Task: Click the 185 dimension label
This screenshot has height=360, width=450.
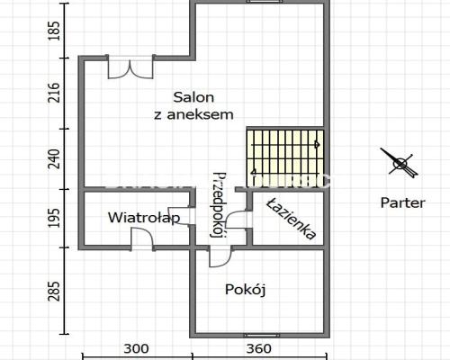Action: coord(54,31)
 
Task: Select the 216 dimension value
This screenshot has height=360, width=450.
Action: coord(54,93)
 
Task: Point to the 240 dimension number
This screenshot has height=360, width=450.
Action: coord(54,159)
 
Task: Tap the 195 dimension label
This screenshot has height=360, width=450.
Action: coord(54,218)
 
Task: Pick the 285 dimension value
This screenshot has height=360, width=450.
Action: coord(54,291)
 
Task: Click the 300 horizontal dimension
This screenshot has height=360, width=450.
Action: coord(136,348)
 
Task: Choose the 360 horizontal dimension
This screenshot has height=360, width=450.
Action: coord(258,348)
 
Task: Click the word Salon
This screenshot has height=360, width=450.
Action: coord(193,97)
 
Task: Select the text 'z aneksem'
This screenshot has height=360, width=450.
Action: coord(193,114)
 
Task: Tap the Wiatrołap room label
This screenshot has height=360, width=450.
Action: coord(144,218)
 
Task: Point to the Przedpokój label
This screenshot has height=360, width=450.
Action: coord(218,205)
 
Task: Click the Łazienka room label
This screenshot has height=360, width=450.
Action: coord(292,219)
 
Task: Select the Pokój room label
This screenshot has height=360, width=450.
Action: coord(246,290)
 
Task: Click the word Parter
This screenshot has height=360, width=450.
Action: coord(402,202)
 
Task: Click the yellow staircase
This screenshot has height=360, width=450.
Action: coord(285,158)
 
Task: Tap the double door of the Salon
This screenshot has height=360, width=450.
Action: coord(130,67)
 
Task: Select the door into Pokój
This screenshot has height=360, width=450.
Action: coord(220,256)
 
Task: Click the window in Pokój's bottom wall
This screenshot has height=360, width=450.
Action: coord(260,336)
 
